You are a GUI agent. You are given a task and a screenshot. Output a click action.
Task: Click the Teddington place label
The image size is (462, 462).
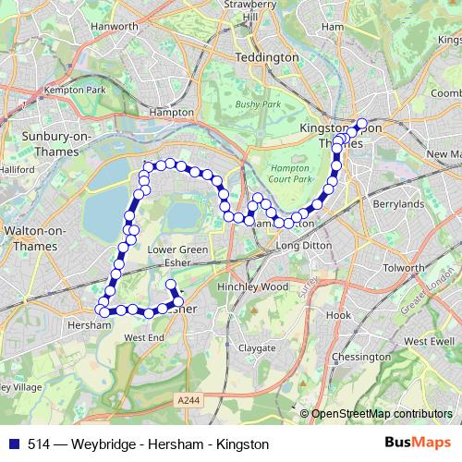click(x=267, y=57)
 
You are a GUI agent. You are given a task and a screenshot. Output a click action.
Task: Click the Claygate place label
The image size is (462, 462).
click(x=256, y=348)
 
